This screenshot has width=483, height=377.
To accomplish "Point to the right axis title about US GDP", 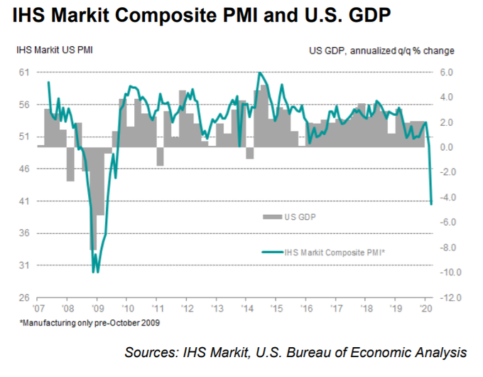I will click(381, 50).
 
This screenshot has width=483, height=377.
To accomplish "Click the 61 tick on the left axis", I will click(24, 73).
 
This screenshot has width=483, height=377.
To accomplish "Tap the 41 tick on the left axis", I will click(24, 201).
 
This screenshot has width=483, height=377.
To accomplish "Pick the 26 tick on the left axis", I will click(24, 297).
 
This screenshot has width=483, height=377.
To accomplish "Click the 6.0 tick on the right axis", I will click(446, 73).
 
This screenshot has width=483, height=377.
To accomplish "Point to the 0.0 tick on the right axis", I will click(446, 147).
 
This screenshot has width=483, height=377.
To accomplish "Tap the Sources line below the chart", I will click(295, 351).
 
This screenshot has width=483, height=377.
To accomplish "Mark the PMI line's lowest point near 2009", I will click(95, 271).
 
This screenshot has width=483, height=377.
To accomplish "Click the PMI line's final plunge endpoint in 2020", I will click(432, 204).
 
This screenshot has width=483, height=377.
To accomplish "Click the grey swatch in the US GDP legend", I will click(272, 216).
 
